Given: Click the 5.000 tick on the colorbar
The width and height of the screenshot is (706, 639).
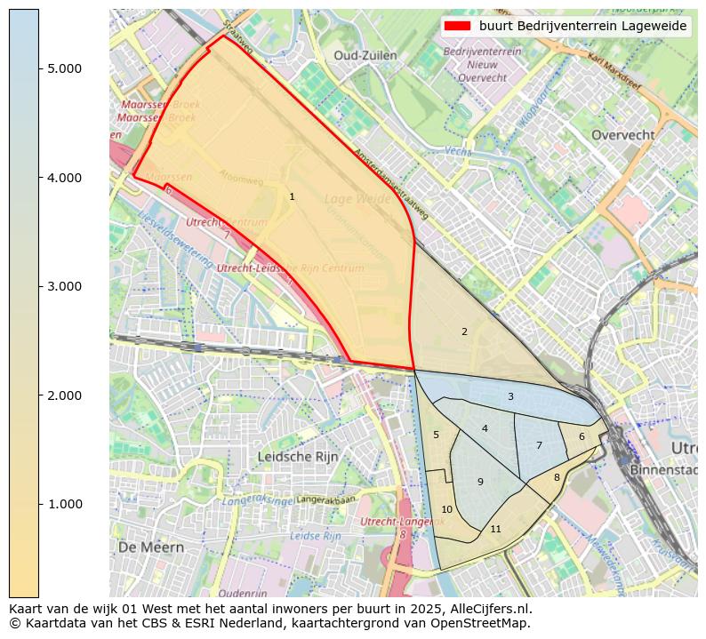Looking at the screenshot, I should coord(39,69).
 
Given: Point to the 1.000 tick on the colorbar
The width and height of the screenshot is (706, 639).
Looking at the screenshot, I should coord(39,504).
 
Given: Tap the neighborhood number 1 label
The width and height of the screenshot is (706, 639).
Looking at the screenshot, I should coord(292,197).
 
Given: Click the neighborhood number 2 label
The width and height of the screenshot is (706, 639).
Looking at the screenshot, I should coord(464,332).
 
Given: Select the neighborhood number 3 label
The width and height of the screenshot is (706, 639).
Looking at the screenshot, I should coord(510,397).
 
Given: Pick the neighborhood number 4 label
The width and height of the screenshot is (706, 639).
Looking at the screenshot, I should coord(485,429).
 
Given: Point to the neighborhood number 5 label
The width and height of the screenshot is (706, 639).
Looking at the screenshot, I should coord(436,435).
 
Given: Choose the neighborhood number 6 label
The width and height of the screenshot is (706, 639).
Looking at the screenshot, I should coord(582,437).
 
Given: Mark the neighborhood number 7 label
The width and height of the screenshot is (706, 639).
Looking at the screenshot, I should coord(539,446).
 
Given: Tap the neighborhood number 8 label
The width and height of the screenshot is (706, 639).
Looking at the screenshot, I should coord(557,478).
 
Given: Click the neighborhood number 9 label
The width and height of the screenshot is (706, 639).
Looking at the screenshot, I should coord(480,483).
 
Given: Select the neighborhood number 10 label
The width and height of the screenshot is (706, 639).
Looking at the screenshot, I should coord(447,510).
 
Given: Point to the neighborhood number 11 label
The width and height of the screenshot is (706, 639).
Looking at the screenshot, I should coord(495,530).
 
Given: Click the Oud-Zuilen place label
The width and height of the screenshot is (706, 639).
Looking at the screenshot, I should coord(365,56).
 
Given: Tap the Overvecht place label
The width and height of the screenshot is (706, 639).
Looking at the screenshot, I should coord(622,135).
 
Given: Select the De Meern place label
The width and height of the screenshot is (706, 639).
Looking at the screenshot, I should coord(150,547).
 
